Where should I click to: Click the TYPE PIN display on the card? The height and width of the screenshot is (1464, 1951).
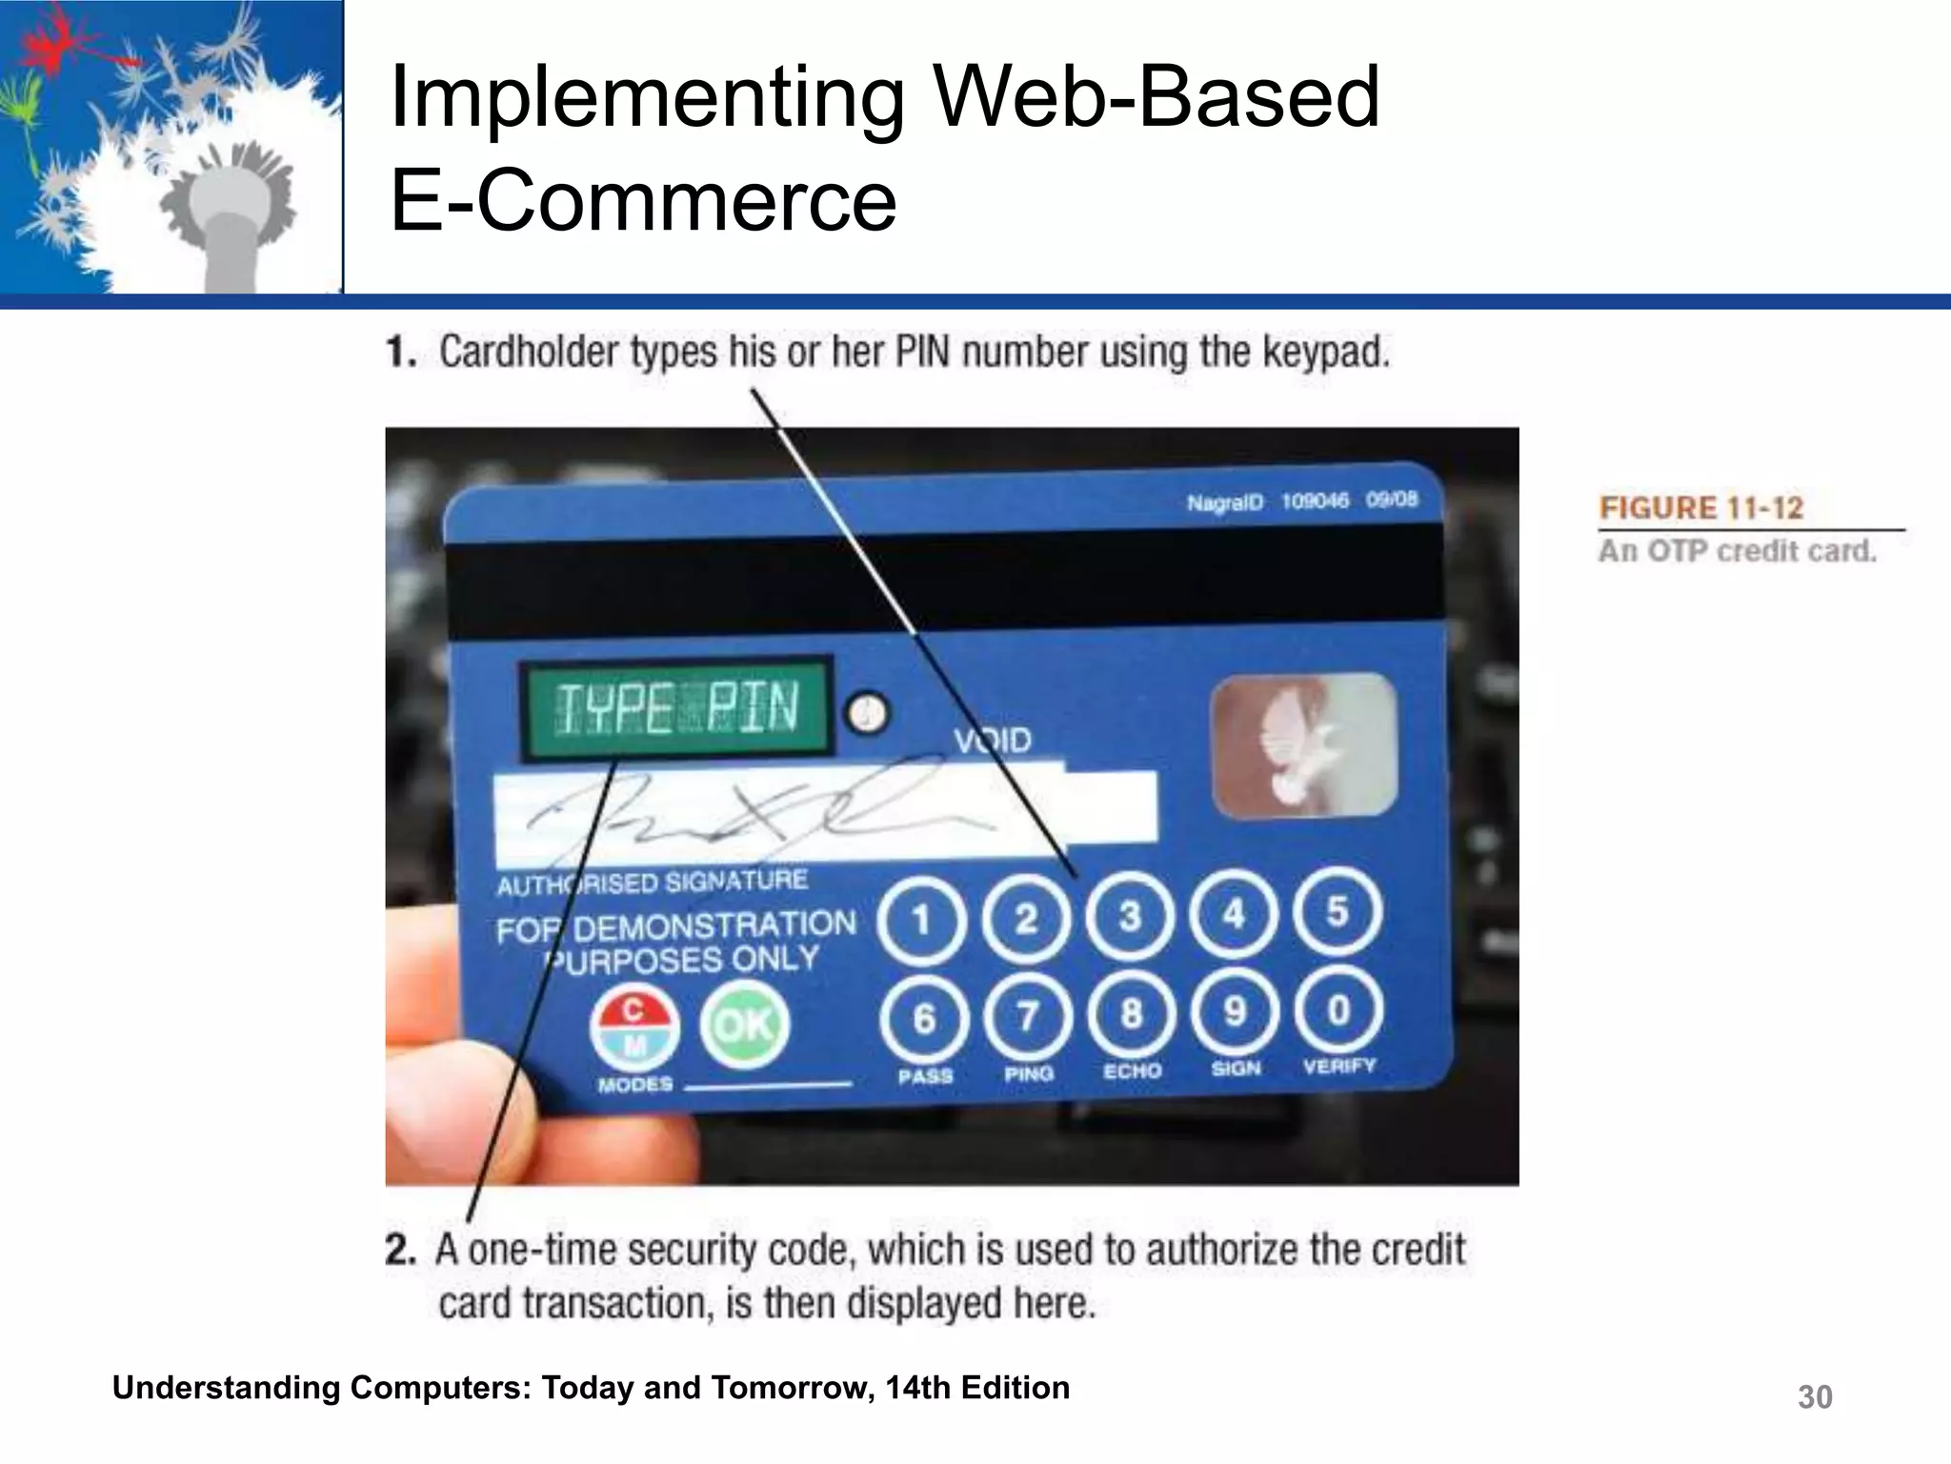coord(676,708)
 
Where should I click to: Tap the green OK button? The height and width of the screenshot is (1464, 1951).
coord(745,1025)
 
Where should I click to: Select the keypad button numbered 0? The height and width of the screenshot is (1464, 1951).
coord(1338,1009)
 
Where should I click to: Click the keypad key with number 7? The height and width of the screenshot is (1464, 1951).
coord(1027,1016)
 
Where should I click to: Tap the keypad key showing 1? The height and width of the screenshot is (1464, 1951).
coord(921,922)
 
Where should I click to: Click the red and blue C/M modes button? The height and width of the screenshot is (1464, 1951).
coord(634,1028)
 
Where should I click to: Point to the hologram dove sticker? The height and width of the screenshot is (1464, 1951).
coord(1303,745)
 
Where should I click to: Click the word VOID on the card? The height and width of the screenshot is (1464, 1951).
coord(993,741)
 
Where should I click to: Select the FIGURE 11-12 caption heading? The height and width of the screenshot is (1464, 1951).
coord(1700,508)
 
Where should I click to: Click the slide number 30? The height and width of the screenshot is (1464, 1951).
coord(1814,1397)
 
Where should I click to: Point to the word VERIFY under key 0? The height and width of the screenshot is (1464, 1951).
coord(1338,1067)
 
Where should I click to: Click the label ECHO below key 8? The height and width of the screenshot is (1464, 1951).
coord(1132,1071)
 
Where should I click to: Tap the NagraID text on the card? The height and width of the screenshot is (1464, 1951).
coord(1224,502)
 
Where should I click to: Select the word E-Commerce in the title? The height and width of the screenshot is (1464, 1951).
coord(643,200)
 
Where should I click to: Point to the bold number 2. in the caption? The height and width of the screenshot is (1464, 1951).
coord(400,1250)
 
